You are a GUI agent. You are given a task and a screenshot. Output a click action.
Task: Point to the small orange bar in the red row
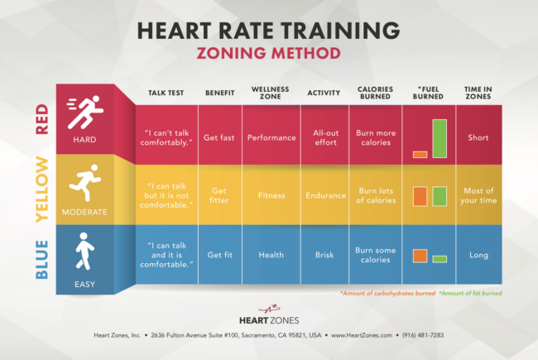pyautogui.click(x=420, y=154)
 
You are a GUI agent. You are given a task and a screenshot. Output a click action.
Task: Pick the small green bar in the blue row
pyautogui.click(x=439, y=259)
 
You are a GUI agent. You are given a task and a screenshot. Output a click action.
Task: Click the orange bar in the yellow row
pyautogui.click(x=420, y=196)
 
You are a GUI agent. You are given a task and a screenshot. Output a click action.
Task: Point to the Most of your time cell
pyautogui.click(x=478, y=196)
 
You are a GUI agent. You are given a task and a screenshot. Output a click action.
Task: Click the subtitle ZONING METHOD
pyautogui.click(x=268, y=53)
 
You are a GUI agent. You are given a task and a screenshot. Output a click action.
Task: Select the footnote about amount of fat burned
pyautogui.click(x=473, y=293)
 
